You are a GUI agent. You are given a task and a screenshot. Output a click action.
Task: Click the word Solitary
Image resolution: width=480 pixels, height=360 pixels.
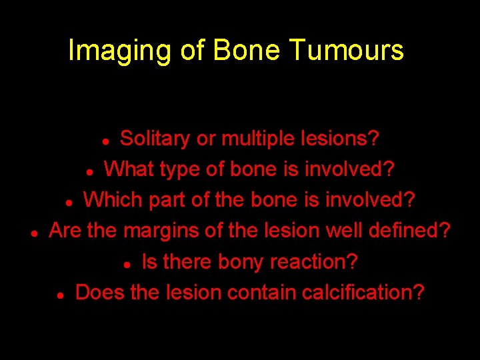pyautogui.click(x=155, y=139)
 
